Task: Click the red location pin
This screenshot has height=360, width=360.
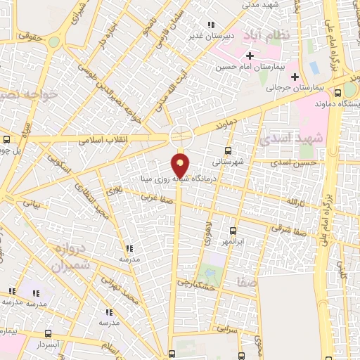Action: pyautogui.click(x=181, y=165)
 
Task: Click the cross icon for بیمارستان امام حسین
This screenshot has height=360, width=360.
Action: pyautogui.click(x=250, y=55)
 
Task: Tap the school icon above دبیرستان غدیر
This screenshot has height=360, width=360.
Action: pyautogui.click(x=212, y=25)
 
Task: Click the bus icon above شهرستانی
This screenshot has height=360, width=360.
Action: pyautogui.click(x=227, y=150)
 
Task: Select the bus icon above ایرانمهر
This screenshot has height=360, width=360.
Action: pyautogui.click(x=233, y=231)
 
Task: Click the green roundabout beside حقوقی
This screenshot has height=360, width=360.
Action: pyautogui.click(x=54, y=42)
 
